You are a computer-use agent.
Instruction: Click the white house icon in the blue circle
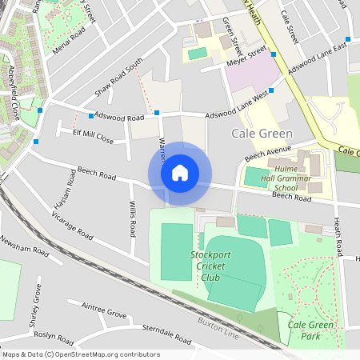coord(180,172)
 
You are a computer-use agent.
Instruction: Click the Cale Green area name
coord(262,133)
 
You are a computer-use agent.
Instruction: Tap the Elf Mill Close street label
coord(94,138)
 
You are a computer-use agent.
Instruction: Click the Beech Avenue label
coord(266,151)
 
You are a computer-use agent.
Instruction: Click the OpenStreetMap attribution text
coord(80,354)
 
